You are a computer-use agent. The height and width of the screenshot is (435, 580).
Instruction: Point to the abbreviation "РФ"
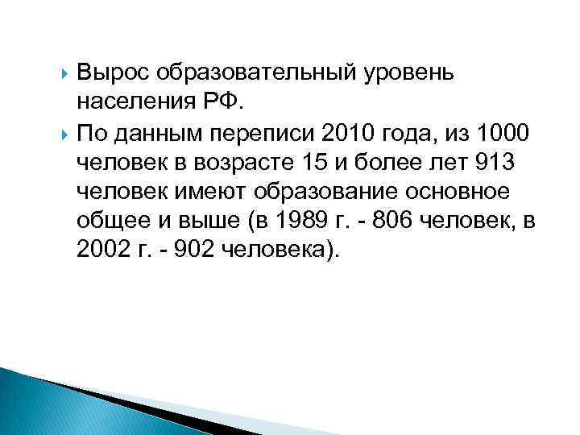point(230,103)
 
